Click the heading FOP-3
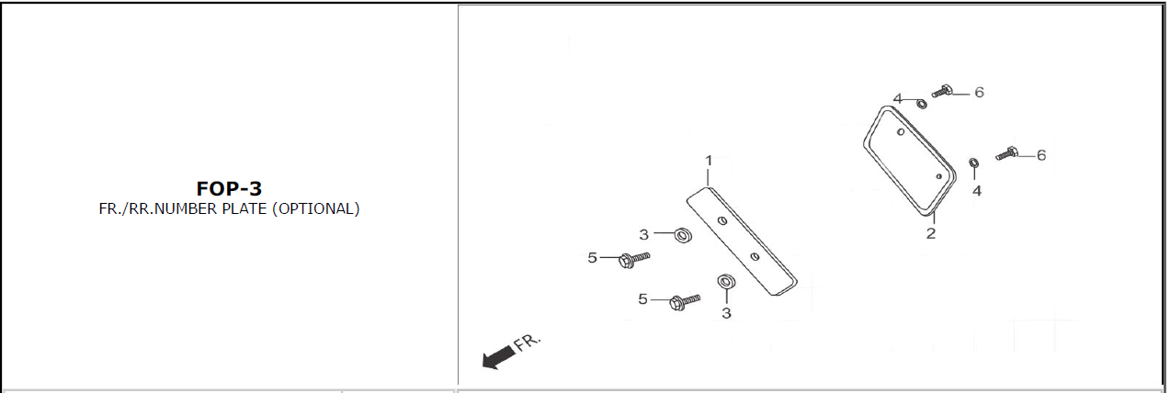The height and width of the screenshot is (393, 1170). (x=229, y=188)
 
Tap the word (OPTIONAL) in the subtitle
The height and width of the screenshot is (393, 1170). (x=316, y=208)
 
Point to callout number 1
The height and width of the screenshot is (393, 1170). (x=709, y=161)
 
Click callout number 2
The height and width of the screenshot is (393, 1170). (x=931, y=233)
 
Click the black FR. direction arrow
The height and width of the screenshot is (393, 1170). (x=498, y=357)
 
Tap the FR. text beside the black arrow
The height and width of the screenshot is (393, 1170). (x=527, y=342)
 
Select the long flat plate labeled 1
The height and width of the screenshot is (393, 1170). (x=742, y=241)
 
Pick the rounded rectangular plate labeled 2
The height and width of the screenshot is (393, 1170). (x=909, y=162)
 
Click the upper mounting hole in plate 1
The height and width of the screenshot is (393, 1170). (x=722, y=220)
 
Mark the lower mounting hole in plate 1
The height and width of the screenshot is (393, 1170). (x=755, y=256)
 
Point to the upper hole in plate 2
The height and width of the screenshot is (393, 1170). (x=901, y=132)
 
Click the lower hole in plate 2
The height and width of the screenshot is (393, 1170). (x=938, y=176)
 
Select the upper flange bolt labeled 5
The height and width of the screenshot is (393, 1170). (x=633, y=259)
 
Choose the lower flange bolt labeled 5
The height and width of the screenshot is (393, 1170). (x=684, y=301)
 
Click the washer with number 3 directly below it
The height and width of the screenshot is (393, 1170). (x=726, y=282)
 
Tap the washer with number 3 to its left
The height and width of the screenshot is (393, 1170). (x=683, y=235)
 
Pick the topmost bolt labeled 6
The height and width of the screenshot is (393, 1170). (x=942, y=91)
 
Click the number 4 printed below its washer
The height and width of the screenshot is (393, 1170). (x=977, y=190)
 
